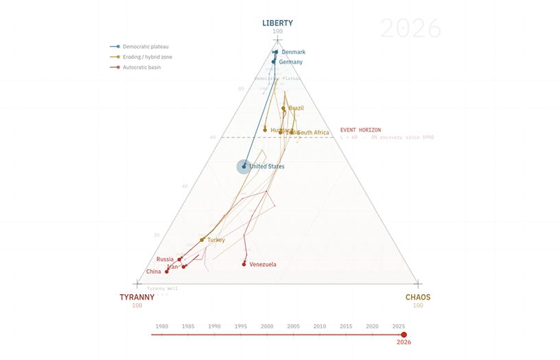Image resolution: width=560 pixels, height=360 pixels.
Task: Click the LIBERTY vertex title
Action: [x=277, y=23]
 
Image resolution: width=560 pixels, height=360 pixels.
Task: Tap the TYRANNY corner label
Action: [x=137, y=297]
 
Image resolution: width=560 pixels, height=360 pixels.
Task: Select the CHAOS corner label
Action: [x=418, y=297]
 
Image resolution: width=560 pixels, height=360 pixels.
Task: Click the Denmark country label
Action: [x=294, y=52]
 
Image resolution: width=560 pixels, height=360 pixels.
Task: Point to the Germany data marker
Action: [x=274, y=62]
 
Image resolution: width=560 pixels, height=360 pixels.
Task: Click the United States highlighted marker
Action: [x=244, y=167]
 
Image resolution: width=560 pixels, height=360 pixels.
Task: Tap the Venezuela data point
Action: [x=244, y=264]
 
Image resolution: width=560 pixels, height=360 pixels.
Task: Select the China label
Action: [x=154, y=272]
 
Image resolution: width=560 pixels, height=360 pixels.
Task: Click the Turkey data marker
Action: [x=202, y=240]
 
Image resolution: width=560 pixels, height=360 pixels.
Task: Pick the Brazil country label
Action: [x=296, y=108]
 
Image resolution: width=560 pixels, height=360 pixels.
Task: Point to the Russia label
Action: [x=165, y=259]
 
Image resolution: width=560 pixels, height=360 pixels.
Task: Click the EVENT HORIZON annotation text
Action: [x=360, y=130]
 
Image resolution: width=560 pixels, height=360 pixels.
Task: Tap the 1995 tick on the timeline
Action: [x=241, y=334]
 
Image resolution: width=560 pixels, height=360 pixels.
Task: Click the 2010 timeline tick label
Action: [x=320, y=326]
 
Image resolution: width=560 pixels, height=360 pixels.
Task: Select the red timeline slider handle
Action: [x=404, y=334]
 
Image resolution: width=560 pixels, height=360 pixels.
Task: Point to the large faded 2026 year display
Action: [x=410, y=29]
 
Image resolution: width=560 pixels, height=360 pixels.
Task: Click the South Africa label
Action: [x=313, y=132]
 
